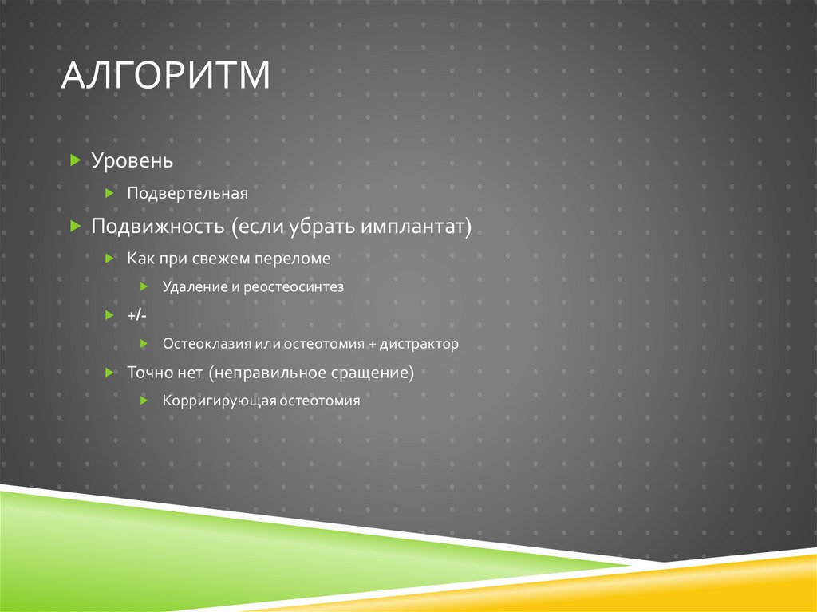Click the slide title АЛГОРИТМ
[166, 77]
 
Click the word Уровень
[132, 160]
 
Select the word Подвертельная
[187, 194]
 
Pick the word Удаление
[195, 287]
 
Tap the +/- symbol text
[136, 316]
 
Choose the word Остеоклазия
[206, 344]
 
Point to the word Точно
[148, 373]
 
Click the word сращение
[374, 373]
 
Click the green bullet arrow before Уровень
[75, 160]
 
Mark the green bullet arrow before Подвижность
[75, 227]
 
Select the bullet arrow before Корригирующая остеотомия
[144, 401]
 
